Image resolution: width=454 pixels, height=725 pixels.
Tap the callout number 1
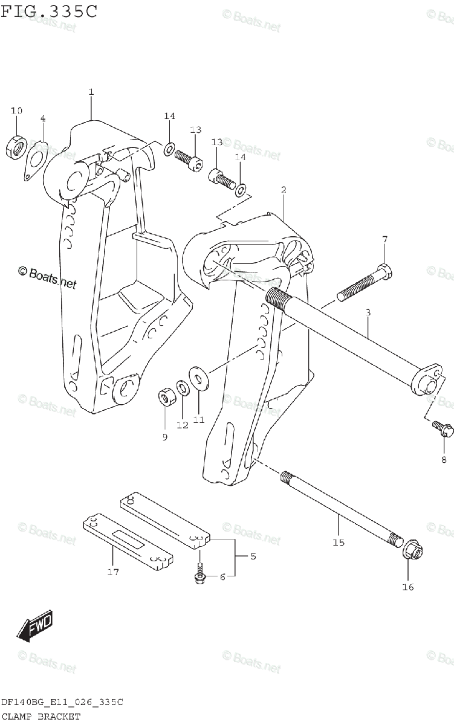click(91, 92)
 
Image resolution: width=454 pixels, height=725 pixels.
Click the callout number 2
click(283, 190)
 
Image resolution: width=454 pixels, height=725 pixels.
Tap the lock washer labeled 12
click(181, 387)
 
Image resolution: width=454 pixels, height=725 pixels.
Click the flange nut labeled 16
click(413, 550)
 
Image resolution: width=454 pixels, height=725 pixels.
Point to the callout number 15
click(338, 543)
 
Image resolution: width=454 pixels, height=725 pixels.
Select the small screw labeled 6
click(199, 574)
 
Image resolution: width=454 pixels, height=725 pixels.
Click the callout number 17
click(112, 572)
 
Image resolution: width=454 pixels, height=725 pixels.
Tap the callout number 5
click(253, 556)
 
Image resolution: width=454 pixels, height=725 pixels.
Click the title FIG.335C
click(49, 11)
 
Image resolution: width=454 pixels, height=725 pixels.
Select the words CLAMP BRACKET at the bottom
click(41, 717)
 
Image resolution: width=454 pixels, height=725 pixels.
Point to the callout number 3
click(367, 312)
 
